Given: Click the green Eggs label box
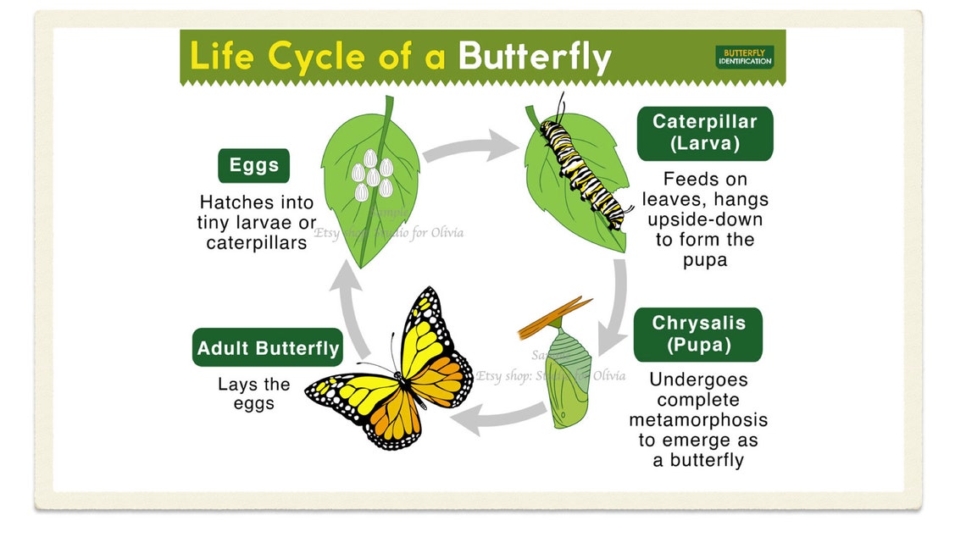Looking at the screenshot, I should pyautogui.click(x=253, y=165).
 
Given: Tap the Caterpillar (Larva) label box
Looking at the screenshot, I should pyautogui.click(x=704, y=133).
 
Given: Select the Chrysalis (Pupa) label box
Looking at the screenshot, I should pyautogui.click(x=697, y=335).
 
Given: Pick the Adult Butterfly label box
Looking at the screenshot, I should pyautogui.click(x=268, y=348).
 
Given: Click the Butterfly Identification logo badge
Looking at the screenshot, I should pyautogui.click(x=744, y=57).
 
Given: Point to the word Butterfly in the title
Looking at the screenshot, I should pyautogui.click(x=534, y=57).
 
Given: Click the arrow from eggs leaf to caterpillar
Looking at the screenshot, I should pyautogui.click(x=470, y=149).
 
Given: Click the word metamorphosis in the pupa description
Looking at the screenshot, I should pyautogui.click(x=698, y=420).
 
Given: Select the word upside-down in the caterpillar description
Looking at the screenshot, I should pyautogui.click(x=707, y=219).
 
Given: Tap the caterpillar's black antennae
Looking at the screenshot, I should pyautogui.click(x=561, y=108).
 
